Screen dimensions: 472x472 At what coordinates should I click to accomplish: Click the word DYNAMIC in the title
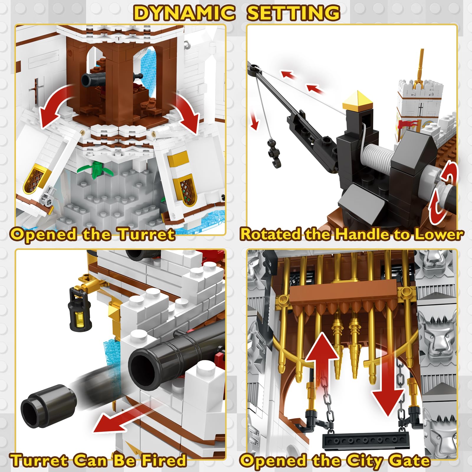[x=185, y=13]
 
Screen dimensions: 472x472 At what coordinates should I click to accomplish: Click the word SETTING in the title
[x=293, y=13]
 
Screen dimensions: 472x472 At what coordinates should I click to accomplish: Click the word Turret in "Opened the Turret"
[x=146, y=235]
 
